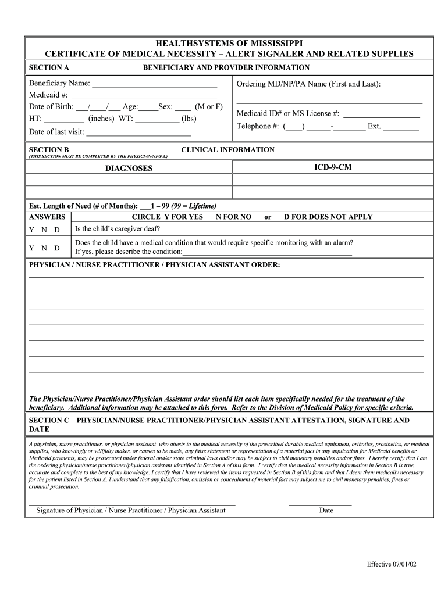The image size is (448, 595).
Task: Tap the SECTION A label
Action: point(49,67)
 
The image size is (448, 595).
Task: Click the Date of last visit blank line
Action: point(138,132)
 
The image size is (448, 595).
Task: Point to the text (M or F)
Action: point(209,107)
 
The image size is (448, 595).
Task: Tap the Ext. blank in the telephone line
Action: point(401,127)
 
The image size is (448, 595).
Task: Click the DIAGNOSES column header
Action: point(129,169)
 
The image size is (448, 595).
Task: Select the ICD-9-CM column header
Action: point(332,167)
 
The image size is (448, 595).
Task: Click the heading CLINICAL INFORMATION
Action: point(227,150)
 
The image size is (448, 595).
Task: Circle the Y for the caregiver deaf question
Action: point(31,230)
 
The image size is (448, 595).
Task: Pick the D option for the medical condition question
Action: point(57,248)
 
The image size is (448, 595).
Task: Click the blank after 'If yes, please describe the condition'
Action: point(267,253)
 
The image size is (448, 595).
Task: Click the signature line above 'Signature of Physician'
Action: point(132,503)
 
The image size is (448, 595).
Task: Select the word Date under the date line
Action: point(326,511)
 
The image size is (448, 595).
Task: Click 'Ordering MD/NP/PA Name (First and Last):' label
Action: point(308,84)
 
